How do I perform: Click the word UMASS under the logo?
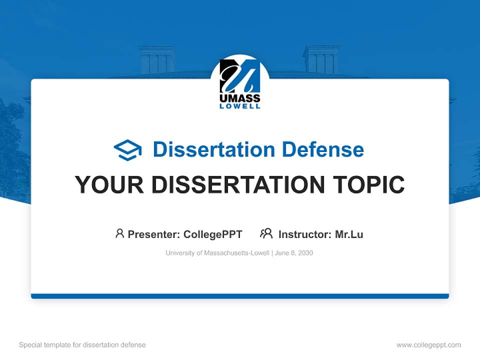(x=240, y=98)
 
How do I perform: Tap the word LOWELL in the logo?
(x=240, y=106)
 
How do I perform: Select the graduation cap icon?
(x=127, y=150)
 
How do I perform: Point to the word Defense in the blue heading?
(x=322, y=149)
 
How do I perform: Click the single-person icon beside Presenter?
(x=119, y=233)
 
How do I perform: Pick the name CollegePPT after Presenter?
(x=213, y=234)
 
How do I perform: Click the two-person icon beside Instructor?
(x=266, y=233)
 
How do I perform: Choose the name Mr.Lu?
(x=349, y=234)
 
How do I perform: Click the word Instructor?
(x=304, y=234)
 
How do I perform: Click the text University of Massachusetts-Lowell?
(x=217, y=253)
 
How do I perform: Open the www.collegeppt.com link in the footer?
(x=428, y=345)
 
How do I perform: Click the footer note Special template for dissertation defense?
(x=82, y=345)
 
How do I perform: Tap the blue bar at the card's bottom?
(x=240, y=296)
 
